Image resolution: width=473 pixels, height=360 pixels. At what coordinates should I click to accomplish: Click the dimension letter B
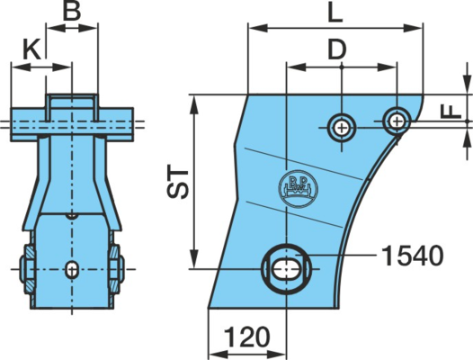click(x=72, y=11)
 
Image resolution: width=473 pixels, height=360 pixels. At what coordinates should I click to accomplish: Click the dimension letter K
click(x=31, y=49)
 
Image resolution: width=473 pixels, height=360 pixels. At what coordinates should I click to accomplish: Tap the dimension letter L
click(x=335, y=13)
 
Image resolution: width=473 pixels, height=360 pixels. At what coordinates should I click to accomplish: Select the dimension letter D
click(x=337, y=49)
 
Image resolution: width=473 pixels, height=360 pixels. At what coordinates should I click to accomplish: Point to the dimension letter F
click(x=451, y=112)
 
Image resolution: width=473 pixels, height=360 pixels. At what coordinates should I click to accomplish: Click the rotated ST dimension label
click(x=178, y=181)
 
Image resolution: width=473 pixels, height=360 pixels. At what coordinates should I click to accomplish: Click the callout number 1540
click(x=413, y=256)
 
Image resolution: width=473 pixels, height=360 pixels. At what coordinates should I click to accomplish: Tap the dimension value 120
click(x=246, y=337)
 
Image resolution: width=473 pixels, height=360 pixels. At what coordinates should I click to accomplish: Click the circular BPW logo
click(x=298, y=188)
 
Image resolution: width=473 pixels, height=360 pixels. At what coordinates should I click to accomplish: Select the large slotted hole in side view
click(x=286, y=269)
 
